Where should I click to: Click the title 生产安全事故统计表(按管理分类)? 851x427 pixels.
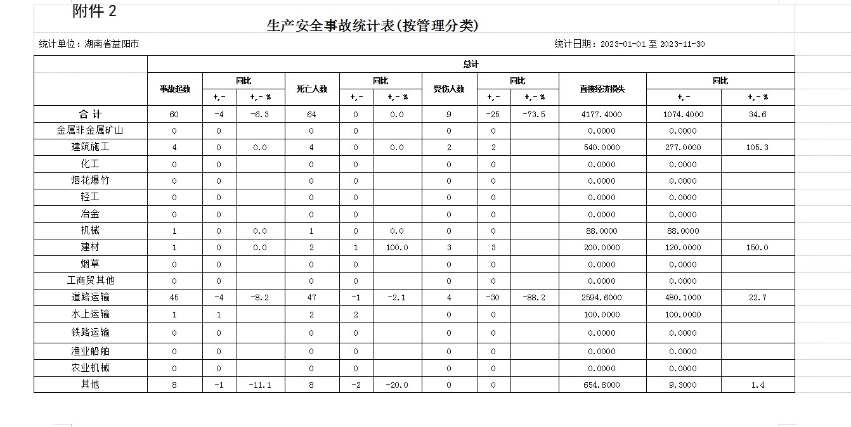pyautogui.click(x=372, y=26)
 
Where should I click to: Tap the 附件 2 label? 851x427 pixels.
pyautogui.click(x=94, y=11)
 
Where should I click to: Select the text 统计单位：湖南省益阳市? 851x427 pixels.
pyautogui.click(x=89, y=44)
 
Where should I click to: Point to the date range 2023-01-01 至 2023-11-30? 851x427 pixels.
pyautogui.click(x=652, y=44)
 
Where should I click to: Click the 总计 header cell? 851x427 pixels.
pyautogui.click(x=471, y=64)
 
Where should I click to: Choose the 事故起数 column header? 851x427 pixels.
pyautogui.click(x=175, y=89)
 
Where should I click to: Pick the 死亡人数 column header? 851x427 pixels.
pyautogui.click(x=312, y=89)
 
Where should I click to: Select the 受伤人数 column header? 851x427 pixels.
pyautogui.click(x=449, y=89)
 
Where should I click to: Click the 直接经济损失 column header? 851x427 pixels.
pyautogui.click(x=602, y=89)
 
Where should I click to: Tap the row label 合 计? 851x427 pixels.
pyautogui.click(x=90, y=115)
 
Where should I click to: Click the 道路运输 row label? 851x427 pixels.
pyautogui.click(x=90, y=297)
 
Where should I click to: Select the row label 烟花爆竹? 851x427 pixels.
pyautogui.click(x=90, y=181)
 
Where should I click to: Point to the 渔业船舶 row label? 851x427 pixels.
pyautogui.click(x=90, y=351)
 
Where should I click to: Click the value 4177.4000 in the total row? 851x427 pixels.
pyautogui.click(x=602, y=115)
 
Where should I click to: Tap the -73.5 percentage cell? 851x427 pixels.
pyautogui.click(x=535, y=115)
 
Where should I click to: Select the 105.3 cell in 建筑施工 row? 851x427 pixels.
pyautogui.click(x=757, y=148)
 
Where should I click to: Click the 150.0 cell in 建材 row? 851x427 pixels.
pyautogui.click(x=757, y=248)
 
